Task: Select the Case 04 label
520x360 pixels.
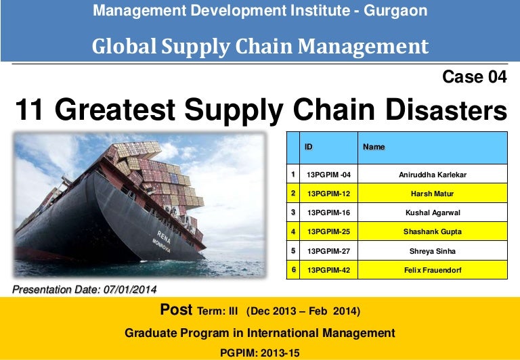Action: pos(474,77)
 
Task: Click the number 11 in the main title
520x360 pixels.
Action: pos(30,110)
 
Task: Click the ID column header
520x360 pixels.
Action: pos(309,146)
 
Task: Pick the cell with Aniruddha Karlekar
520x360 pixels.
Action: pos(433,175)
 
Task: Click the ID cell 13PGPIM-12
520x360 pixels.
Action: pos(328,194)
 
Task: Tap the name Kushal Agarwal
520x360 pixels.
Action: pos(433,212)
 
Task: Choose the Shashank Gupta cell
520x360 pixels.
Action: pos(433,231)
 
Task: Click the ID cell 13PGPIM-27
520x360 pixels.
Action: pos(328,251)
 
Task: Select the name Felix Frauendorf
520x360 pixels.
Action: pos(433,270)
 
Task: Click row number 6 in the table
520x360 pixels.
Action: pos(293,270)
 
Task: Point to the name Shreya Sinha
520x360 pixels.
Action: pos(433,251)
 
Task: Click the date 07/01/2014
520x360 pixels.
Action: pos(130,290)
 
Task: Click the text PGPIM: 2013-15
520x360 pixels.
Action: pos(259,352)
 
